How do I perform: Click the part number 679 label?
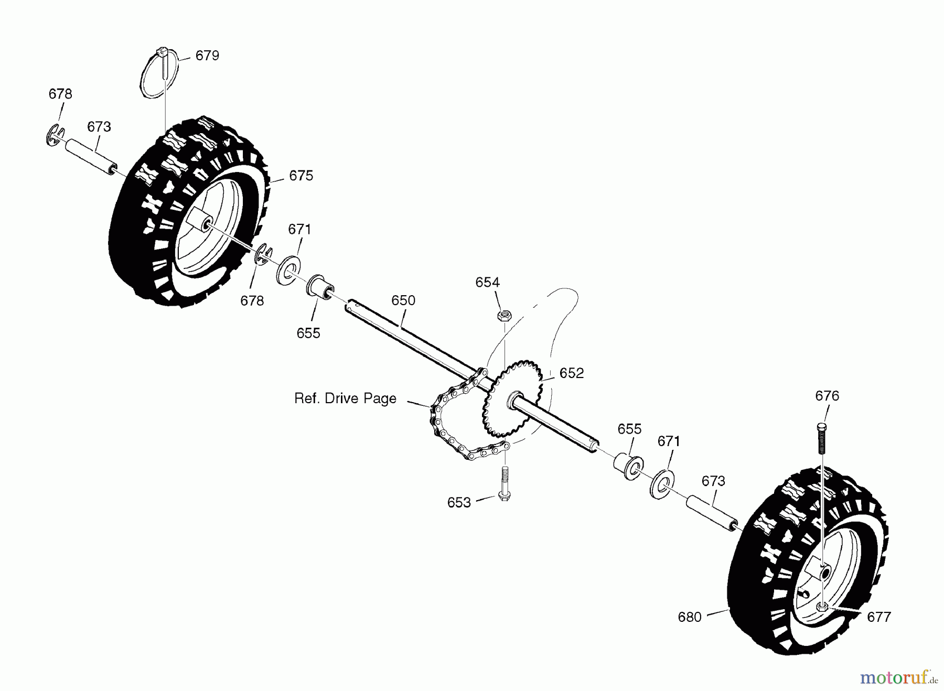[x=207, y=56]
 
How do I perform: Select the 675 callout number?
[x=301, y=176]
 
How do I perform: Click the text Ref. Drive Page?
[x=345, y=398]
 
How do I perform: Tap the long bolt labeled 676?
[x=822, y=438]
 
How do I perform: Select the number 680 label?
[x=690, y=618]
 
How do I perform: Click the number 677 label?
[x=879, y=618]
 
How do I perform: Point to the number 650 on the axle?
[x=403, y=300]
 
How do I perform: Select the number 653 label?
[x=459, y=503]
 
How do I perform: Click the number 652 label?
[x=572, y=373]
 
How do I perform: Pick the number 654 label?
[x=488, y=283]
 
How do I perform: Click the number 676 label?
[x=827, y=396]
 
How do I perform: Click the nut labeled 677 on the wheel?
[x=822, y=607]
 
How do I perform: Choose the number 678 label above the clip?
[x=60, y=94]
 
